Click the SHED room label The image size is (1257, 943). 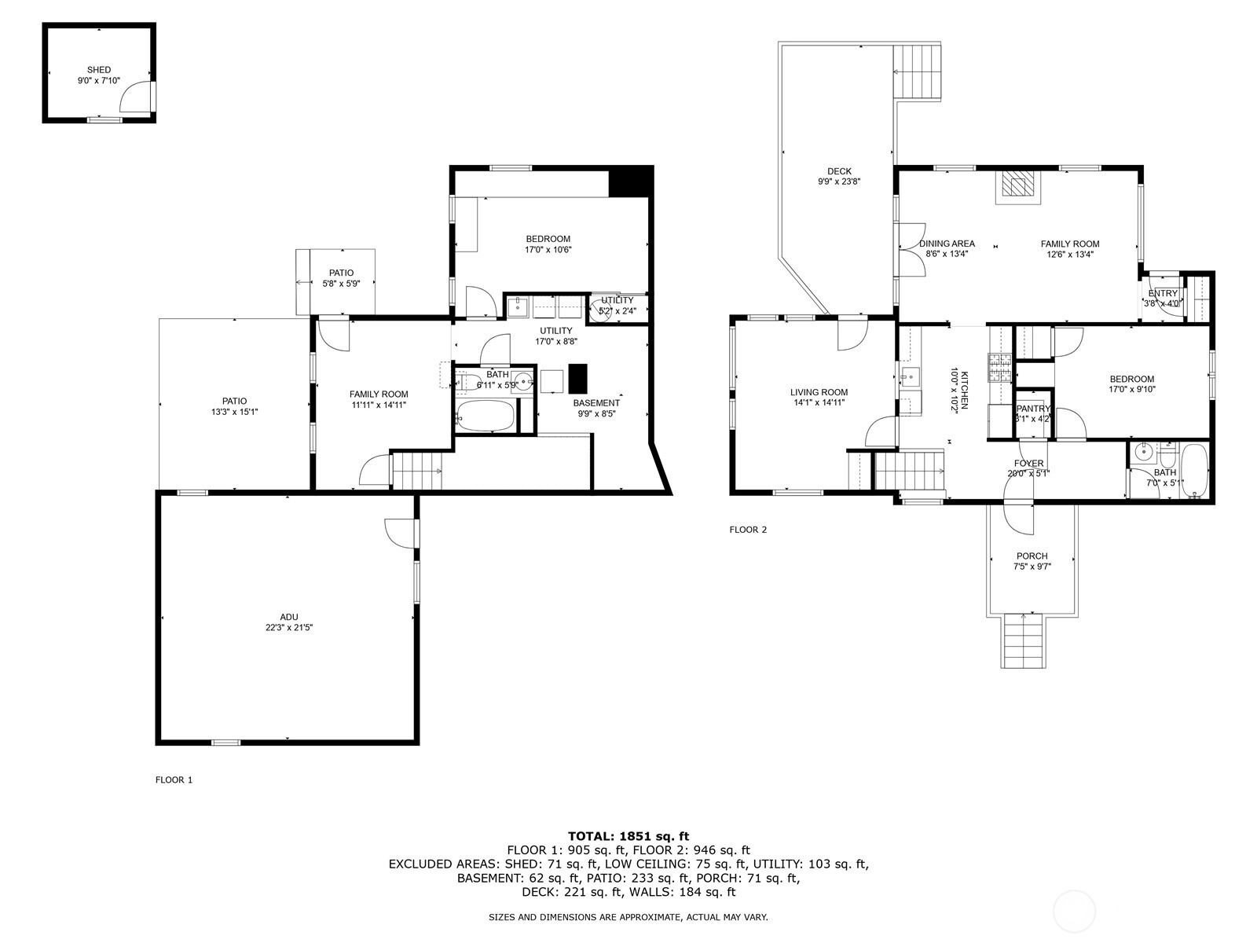point(99,70)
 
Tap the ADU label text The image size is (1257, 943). point(289,617)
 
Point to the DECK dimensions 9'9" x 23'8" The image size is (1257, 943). point(840,182)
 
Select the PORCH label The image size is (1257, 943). point(1032,556)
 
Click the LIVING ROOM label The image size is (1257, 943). point(819,392)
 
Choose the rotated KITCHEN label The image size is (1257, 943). point(965,390)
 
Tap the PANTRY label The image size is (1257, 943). point(1034,408)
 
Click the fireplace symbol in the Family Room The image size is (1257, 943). point(1017,187)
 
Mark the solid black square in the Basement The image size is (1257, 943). point(577,379)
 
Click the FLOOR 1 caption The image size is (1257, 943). point(174,780)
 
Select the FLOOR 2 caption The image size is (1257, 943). point(748,530)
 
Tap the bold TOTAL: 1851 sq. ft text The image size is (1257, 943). point(628,836)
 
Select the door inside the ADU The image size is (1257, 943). point(401,534)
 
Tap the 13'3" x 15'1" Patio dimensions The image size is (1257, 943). point(235,412)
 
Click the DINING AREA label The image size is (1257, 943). point(947,244)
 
